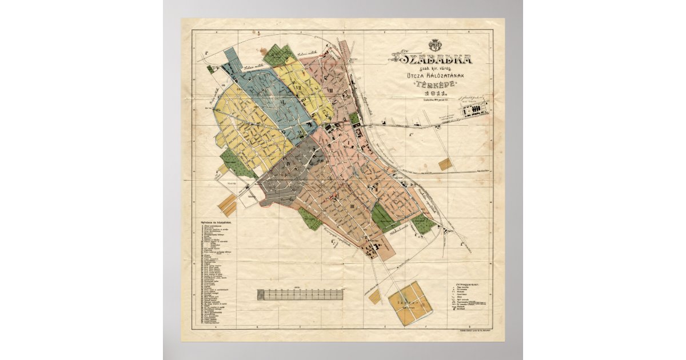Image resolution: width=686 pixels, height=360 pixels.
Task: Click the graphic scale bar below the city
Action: tap(300, 294)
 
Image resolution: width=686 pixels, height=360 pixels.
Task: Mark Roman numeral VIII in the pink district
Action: tap(330, 90)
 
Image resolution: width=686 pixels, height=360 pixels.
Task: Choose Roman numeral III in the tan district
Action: tap(352, 206)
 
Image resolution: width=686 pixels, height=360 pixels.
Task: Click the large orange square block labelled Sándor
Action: tap(410, 303)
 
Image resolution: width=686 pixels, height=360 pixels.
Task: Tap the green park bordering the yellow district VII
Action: tap(280, 55)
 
